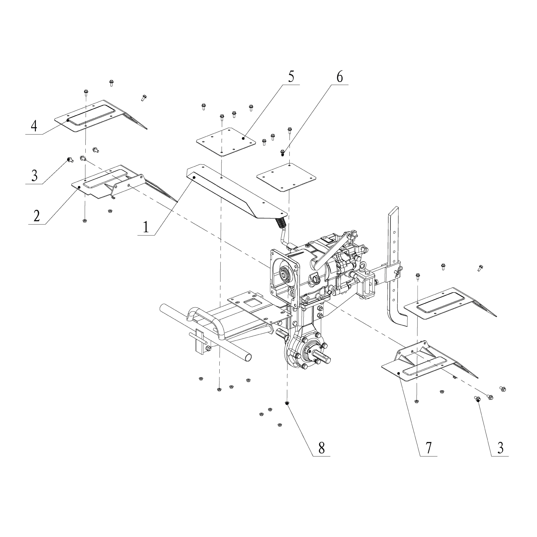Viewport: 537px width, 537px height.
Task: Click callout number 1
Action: (146, 227)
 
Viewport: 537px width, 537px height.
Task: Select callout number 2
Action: (37, 216)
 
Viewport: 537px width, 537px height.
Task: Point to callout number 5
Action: (291, 77)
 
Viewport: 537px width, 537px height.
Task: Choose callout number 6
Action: (340, 77)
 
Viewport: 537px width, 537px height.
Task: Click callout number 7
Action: (428, 448)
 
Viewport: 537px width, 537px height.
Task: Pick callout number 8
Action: (321, 448)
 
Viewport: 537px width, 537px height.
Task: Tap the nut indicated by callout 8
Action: (286, 403)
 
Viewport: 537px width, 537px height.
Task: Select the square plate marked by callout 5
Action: (226, 142)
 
